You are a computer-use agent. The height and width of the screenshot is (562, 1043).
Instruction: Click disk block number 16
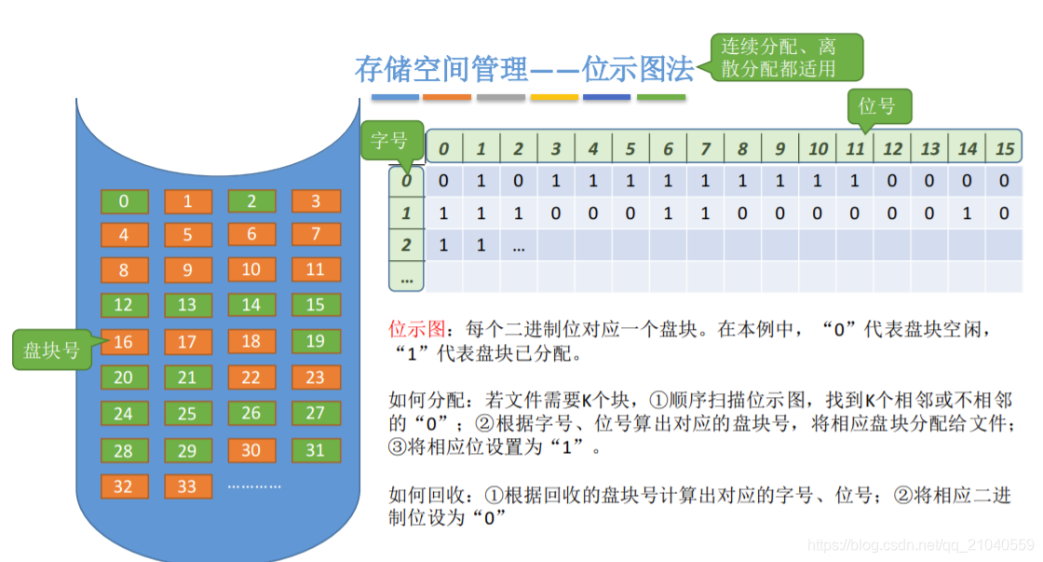pos(124,342)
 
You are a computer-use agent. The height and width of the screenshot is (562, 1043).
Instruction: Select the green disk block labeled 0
pos(124,201)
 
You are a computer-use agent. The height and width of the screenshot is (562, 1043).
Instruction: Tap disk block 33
pos(188,487)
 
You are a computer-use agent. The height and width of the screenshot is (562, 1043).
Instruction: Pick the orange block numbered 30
pos(251,450)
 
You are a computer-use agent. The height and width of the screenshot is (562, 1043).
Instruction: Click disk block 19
pos(316,342)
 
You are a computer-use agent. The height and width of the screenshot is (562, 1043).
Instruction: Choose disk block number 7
pos(316,234)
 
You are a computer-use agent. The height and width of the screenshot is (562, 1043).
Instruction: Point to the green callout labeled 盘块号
pos(52,350)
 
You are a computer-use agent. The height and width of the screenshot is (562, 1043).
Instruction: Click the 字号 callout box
pos(390,141)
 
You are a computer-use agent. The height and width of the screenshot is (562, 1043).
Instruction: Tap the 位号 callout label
pos(877,106)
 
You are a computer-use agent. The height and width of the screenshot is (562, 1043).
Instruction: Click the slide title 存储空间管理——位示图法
pos(524,69)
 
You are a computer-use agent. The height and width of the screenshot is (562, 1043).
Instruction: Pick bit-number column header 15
pos(1005,148)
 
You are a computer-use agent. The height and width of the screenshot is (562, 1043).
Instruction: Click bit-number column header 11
pos(855,148)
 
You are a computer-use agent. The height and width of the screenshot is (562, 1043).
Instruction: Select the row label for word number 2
pos(406,245)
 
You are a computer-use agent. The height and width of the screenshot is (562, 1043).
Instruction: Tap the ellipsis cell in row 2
pos(519,245)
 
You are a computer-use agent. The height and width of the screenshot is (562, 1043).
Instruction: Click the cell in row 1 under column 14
pos(968,213)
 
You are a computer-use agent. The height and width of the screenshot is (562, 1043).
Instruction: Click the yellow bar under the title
pos(554,97)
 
